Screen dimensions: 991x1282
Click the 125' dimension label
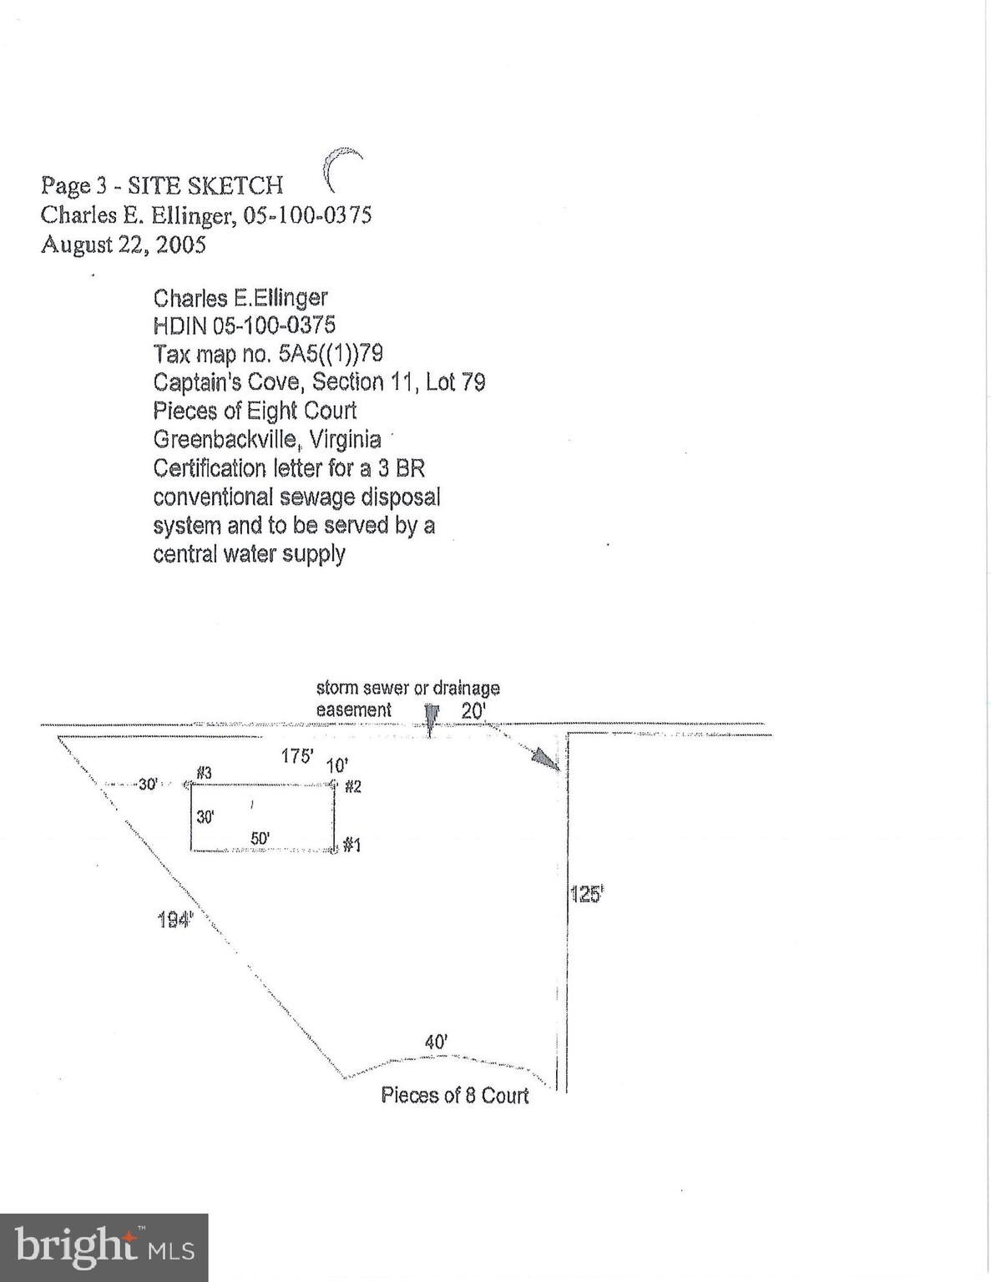pyautogui.click(x=586, y=896)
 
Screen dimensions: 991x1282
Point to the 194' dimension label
pyautogui.click(x=176, y=919)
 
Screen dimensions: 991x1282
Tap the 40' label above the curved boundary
pyautogui.click(x=437, y=1042)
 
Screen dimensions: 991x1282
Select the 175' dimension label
pyautogui.click(x=297, y=756)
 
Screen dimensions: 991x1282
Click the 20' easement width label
pyautogui.click(x=473, y=711)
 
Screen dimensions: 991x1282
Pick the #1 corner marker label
pyautogui.click(x=351, y=845)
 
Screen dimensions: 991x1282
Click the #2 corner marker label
pyautogui.click(x=353, y=786)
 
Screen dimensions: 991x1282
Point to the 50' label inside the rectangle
pyautogui.click(x=260, y=838)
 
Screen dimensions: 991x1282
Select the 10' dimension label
pyautogui.click(x=337, y=766)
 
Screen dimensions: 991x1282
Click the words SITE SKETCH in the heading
pyautogui.click(x=205, y=186)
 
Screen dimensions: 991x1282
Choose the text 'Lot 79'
pyautogui.click(x=456, y=382)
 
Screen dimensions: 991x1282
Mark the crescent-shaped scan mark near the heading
pyautogui.click(x=341, y=168)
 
